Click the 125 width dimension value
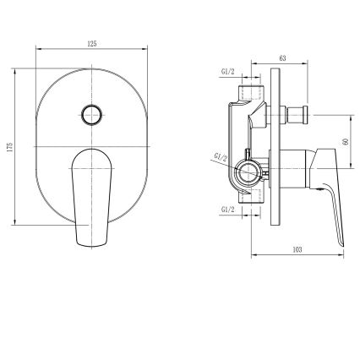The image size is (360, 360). click(x=92, y=44)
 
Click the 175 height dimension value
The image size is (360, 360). click(x=10, y=146)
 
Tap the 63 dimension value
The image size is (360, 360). click(x=282, y=58)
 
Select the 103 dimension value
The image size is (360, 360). click(x=297, y=249)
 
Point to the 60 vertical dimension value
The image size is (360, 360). click(x=346, y=141)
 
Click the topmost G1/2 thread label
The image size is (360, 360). click(x=228, y=72)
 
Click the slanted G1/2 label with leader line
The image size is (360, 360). click(x=221, y=157)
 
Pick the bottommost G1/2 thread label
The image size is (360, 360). click(x=228, y=210)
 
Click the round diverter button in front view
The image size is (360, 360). click(x=92, y=115)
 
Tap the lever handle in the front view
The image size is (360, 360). click(x=92, y=198)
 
